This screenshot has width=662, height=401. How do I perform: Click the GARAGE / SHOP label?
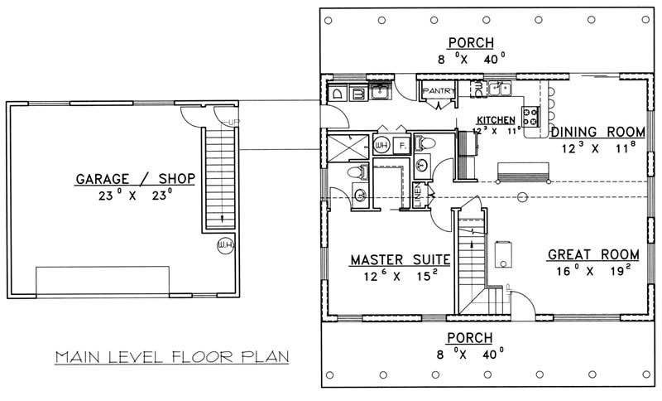tap(136, 178)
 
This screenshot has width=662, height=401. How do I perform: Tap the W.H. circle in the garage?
tap(224, 245)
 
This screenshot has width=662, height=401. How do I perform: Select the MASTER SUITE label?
tap(399, 259)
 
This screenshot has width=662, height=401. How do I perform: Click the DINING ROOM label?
tap(597, 132)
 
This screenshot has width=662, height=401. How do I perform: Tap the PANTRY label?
tap(435, 90)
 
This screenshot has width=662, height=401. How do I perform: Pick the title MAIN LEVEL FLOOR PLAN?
tap(171, 358)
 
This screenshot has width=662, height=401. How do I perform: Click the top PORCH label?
tap(472, 43)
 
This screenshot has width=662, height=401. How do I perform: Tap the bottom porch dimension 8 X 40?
tap(472, 354)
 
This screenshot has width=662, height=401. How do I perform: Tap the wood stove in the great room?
tap(501, 251)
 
